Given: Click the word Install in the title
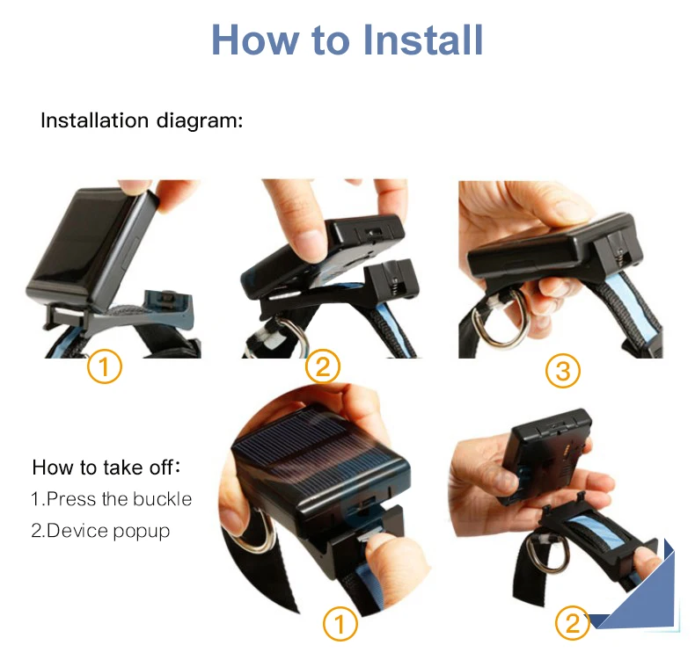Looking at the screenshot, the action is (x=423, y=40).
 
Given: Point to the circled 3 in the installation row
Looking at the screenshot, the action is (x=562, y=371).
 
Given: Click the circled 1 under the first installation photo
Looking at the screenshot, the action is (x=104, y=366).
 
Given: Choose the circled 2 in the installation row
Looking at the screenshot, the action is (x=322, y=366).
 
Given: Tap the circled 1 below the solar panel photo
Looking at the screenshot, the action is (x=340, y=624).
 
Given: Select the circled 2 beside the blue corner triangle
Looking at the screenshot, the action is (x=573, y=623).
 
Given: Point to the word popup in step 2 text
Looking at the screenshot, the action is (x=142, y=532).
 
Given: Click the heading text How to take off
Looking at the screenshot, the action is (x=106, y=468).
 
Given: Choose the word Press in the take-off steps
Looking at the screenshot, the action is (x=71, y=499).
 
